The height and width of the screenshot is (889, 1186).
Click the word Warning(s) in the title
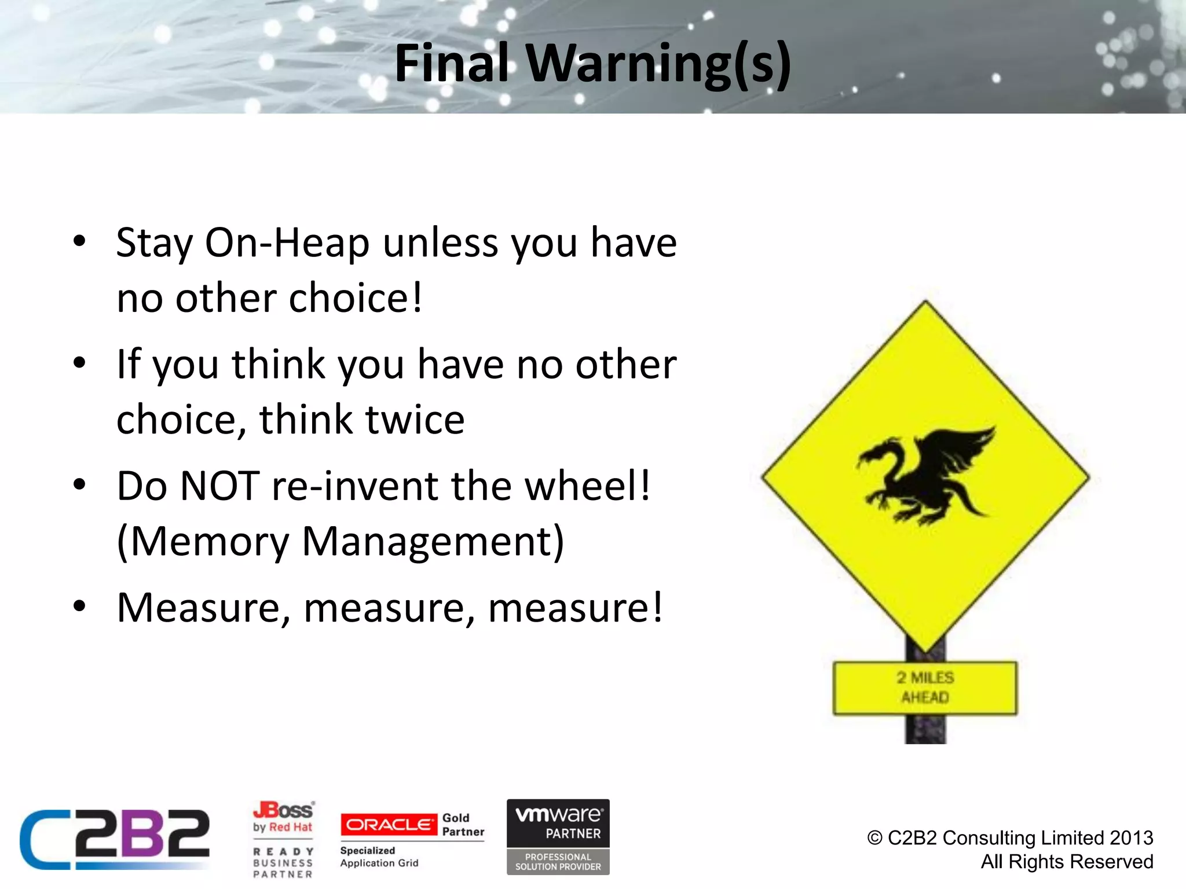point(658,64)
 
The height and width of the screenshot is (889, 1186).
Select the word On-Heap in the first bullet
point(287,243)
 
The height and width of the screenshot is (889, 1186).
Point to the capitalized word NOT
point(220,486)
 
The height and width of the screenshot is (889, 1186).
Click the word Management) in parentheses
point(433,542)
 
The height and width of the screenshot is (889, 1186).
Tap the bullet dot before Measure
point(79,607)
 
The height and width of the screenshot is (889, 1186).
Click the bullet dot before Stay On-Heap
point(79,241)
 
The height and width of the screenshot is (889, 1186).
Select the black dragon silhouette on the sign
point(925,475)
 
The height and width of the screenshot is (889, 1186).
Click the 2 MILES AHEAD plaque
point(925,688)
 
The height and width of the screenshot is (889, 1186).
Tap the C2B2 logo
point(115,839)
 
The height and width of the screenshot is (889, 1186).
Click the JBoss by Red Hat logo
point(283,817)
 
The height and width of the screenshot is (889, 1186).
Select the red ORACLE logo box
point(389,824)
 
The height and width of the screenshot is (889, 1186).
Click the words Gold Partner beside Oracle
point(463,825)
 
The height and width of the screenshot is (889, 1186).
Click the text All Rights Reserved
point(1067,862)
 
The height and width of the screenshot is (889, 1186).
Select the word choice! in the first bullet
point(356,298)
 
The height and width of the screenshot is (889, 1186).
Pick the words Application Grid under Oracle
point(379,863)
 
